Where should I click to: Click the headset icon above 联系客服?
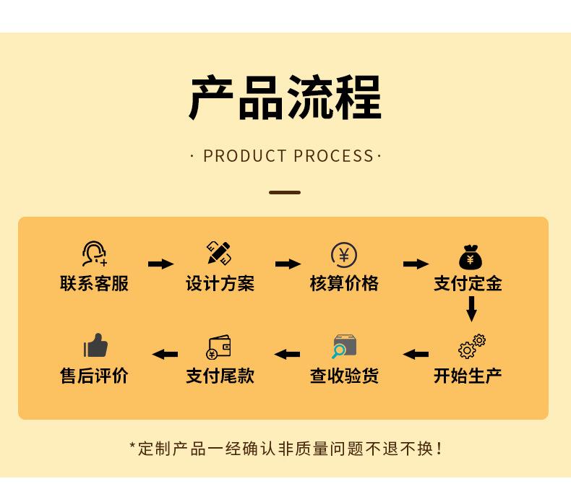(95, 254)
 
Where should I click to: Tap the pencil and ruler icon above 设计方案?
(219, 253)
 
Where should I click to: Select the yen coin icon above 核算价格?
(344, 255)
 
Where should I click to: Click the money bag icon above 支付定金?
(471, 256)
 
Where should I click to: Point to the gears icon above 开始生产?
(471, 346)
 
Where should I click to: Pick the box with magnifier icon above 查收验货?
(344, 347)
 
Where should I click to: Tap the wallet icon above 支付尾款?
(218, 347)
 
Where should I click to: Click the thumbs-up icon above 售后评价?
(95, 346)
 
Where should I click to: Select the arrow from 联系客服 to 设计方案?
(160, 264)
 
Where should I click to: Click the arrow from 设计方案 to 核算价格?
(288, 264)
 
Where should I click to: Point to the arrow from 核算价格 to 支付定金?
(416, 264)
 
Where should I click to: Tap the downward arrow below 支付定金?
(471, 308)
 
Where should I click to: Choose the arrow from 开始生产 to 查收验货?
(416, 355)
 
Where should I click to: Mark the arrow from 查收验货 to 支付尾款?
(287, 355)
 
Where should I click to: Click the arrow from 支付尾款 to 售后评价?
(165, 355)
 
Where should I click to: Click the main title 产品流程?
(285, 98)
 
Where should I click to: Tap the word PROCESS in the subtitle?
(334, 156)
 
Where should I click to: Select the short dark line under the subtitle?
(285, 193)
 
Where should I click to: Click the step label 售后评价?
(94, 376)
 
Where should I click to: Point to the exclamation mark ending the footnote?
(439, 449)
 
